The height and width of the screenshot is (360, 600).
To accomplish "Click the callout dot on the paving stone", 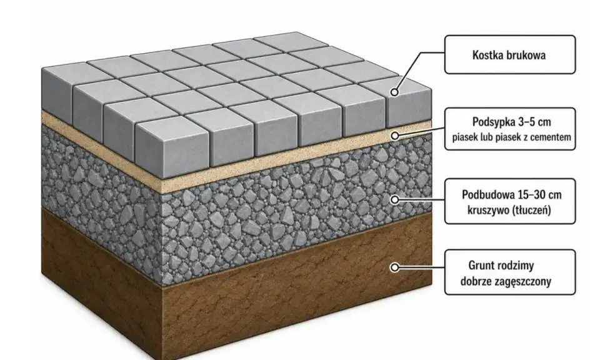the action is point(394,92).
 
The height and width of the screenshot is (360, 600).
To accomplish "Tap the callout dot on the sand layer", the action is point(395,136).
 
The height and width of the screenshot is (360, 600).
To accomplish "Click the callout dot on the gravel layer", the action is point(394,199).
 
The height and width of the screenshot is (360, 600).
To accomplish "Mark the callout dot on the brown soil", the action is point(394,267).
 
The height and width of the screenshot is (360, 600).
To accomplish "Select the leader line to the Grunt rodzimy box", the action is point(421,267).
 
